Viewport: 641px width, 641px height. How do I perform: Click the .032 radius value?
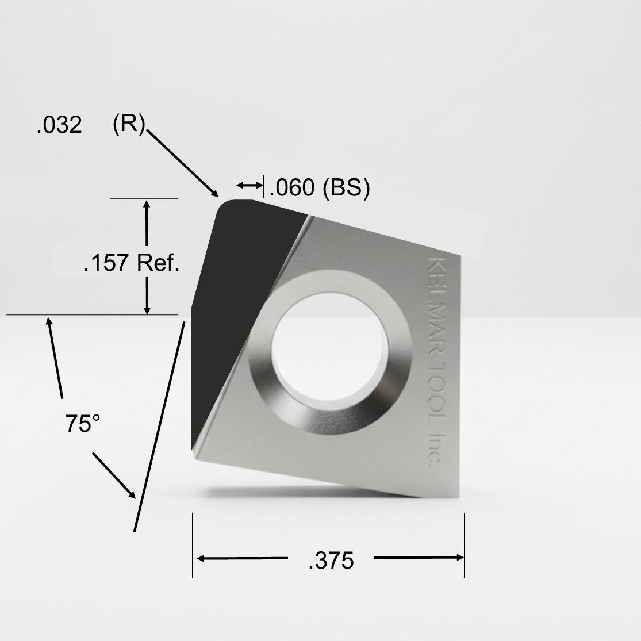pyautogui.click(x=59, y=125)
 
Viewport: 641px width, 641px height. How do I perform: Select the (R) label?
pyautogui.click(x=129, y=124)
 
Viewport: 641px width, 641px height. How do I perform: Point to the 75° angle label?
pyautogui.click(x=83, y=424)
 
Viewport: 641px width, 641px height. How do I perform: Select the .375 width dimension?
pyautogui.click(x=331, y=561)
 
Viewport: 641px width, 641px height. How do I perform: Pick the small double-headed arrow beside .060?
pyautogui.click(x=250, y=185)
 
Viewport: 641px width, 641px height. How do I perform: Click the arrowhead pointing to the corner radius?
pyautogui.click(x=214, y=193)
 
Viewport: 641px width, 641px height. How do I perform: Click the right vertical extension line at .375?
pyautogui.click(x=464, y=543)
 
